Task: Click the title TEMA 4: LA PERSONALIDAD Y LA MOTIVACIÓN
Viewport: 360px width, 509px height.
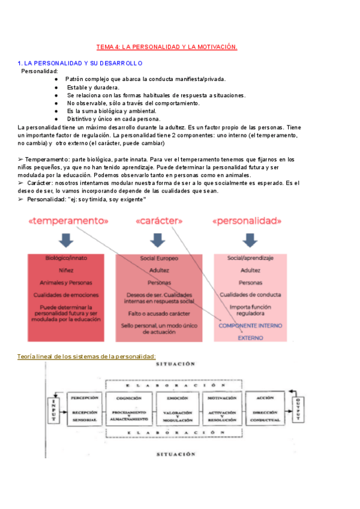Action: (x=167, y=47)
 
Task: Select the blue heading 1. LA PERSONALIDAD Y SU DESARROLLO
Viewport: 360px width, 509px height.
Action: (x=80, y=63)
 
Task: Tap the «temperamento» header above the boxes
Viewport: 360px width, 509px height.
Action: (x=68, y=221)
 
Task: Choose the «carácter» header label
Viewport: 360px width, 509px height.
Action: (x=159, y=221)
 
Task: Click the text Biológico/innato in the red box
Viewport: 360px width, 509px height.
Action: (x=67, y=258)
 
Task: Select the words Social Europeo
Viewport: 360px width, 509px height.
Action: (x=159, y=258)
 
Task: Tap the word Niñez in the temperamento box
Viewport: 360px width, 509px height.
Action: (x=67, y=270)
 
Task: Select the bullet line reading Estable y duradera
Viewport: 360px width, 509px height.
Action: (x=89, y=87)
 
